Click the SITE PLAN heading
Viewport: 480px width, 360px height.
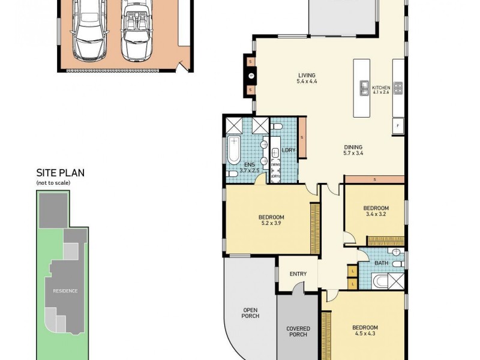pyautogui.click(x=60, y=173)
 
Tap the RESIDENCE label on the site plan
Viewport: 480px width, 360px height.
pyautogui.click(x=65, y=291)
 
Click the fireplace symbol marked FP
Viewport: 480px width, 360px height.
pyautogui.click(x=251, y=76)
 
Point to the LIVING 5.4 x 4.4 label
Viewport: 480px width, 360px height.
pyautogui.click(x=307, y=79)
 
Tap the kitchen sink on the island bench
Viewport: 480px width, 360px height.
pyautogui.click(x=364, y=88)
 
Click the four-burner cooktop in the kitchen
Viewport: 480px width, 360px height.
pyautogui.click(x=397, y=88)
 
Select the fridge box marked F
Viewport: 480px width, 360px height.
pyautogui.click(x=397, y=125)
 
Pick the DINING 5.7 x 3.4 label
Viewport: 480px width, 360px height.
pyautogui.click(x=353, y=149)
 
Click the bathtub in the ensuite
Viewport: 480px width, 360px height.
pyautogui.click(x=233, y=150)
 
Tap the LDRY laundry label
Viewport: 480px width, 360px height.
pyautogui.click(x=289, y=150)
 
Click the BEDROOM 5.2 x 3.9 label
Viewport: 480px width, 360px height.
pyautogui.click(x=271, y=220)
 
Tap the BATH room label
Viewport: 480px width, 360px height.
pyautogui.click(x=382, y=263)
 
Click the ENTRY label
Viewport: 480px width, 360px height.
pyautogui.click(x=298, y=274)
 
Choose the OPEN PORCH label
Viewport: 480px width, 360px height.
pyautogui.click(x=250, y=313)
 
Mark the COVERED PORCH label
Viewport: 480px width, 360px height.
pyautogui.click(x=298, y=331)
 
